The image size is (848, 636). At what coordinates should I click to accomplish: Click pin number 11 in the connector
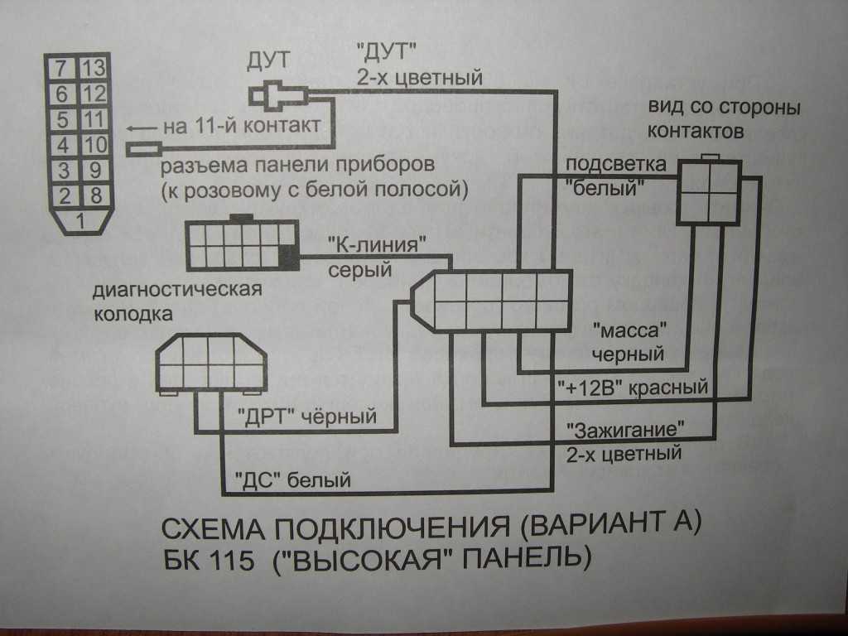tap(94, 118)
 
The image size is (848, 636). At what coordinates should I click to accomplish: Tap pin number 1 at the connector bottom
tap(80, 221)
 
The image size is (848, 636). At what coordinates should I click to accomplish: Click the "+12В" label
tap(589, 388)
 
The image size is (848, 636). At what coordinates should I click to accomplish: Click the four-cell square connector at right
tap(709, 192)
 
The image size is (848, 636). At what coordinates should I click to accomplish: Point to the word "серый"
tap(361, 269)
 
